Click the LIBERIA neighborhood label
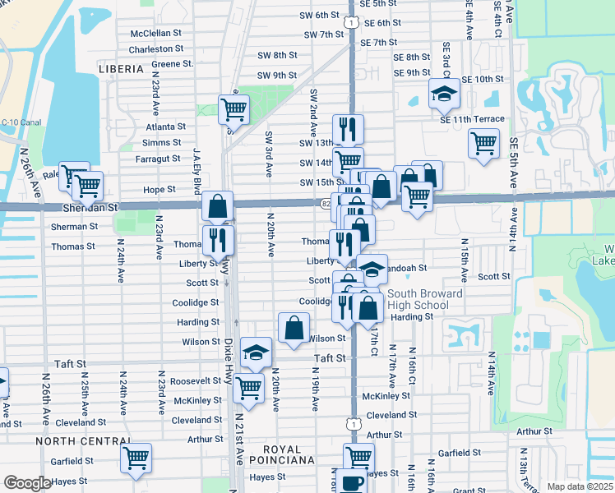pyautogui.click(x=121, y=70)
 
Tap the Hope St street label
pyautogui.click(x=160, y=189)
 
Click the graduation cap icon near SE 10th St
pyautogui.click(x=444, y=94)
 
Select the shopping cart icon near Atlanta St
pyautogui.click(x=234, y=108)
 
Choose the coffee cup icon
pyautogui.click(x=352, y=482)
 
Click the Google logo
pyautogui.click(x=27, y=483)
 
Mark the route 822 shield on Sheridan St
pyautogui.click(x=326, y=203)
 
